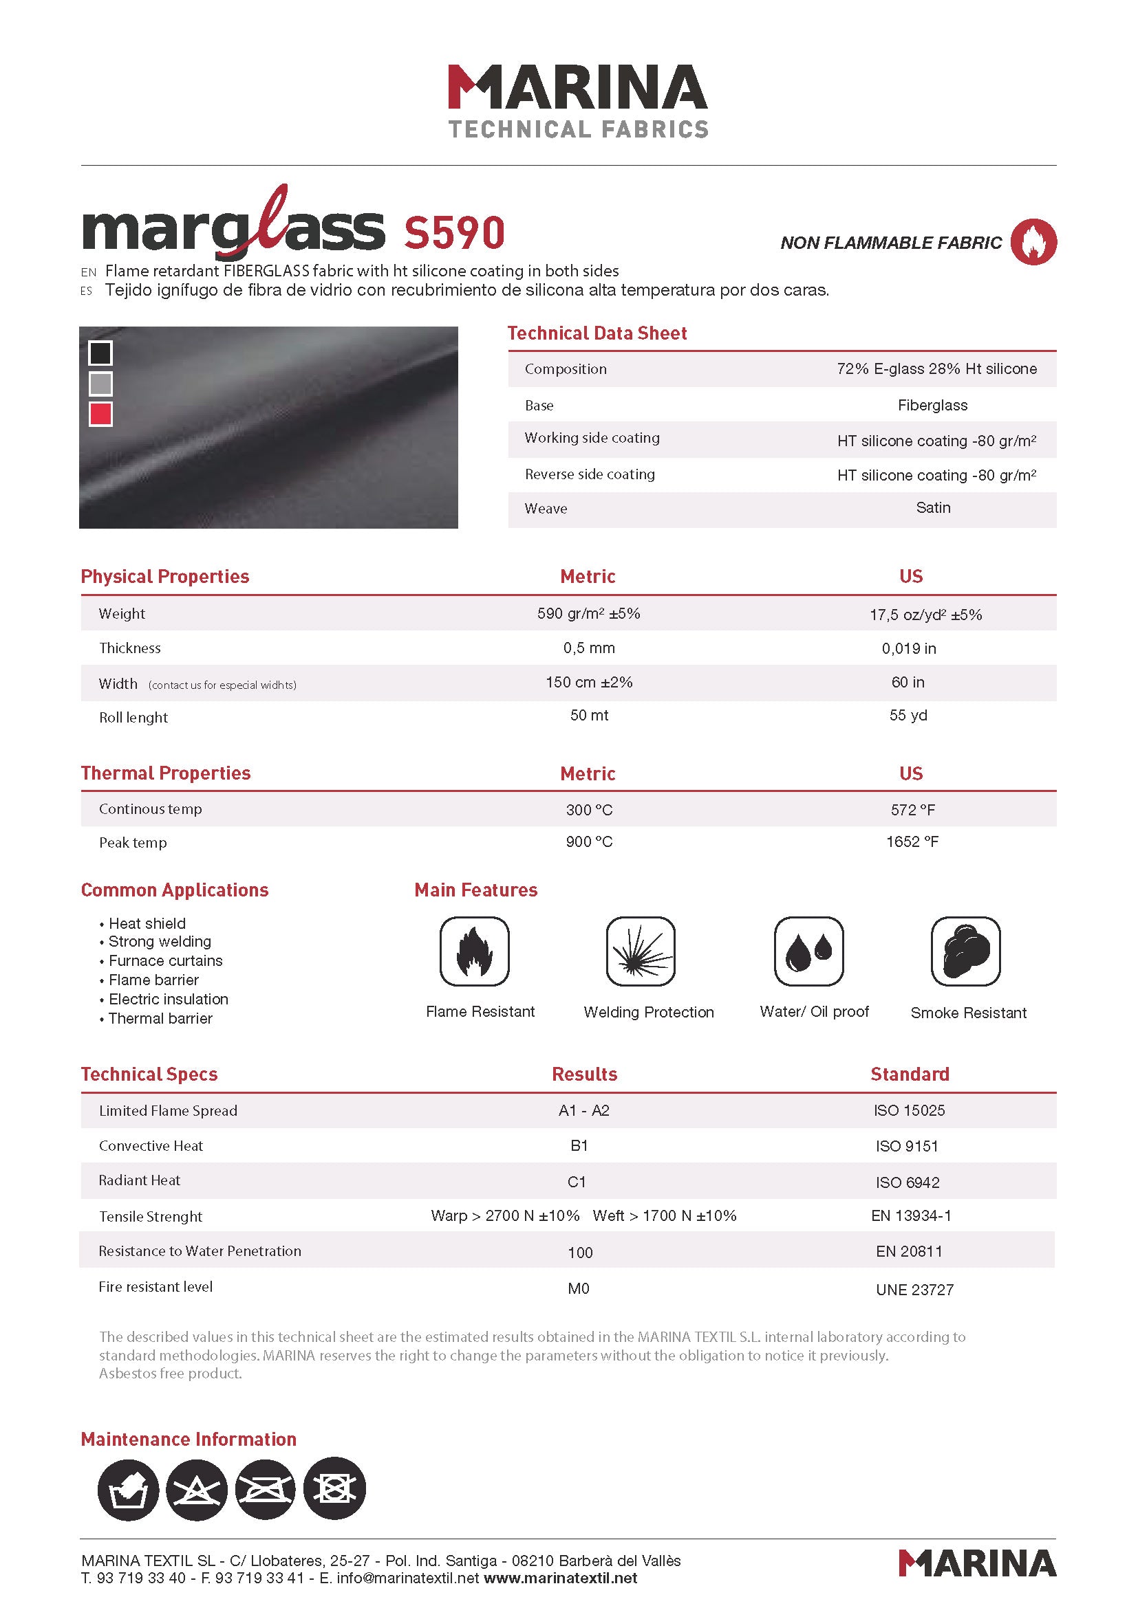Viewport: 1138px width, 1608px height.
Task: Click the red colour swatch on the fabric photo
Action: click(101, 414)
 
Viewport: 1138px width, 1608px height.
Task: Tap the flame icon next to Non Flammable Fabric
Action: click(1033, 242)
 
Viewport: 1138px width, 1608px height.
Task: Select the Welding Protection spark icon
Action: click(641, 951)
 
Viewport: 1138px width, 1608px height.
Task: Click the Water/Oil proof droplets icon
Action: click(808, 951)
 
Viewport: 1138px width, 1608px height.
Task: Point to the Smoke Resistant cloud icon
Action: click(965, 951)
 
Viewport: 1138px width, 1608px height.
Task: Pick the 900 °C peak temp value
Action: click(590, 842)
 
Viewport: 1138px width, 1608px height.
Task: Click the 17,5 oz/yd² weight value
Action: click(925, 615)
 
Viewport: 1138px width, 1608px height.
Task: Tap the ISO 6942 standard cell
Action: click(908, 1182)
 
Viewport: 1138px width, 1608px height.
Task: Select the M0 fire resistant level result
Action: click(579, 1288)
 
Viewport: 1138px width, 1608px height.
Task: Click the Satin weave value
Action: click(934, 508)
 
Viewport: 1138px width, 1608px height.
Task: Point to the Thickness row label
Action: click(129, 648)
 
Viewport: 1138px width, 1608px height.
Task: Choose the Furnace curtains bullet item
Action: click(165, 961)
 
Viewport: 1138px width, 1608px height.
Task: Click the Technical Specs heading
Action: click(149, 1075)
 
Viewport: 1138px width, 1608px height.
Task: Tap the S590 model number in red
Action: click(454, 233)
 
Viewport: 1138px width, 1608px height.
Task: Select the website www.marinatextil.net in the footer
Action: click(561, 1578)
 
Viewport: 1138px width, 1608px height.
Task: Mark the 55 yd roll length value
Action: click(908, 715)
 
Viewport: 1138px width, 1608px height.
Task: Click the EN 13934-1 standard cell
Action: click(911, 1216)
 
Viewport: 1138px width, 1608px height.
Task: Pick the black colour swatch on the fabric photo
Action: click(101, 353)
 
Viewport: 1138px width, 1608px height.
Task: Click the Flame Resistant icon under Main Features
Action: click(475, 951)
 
